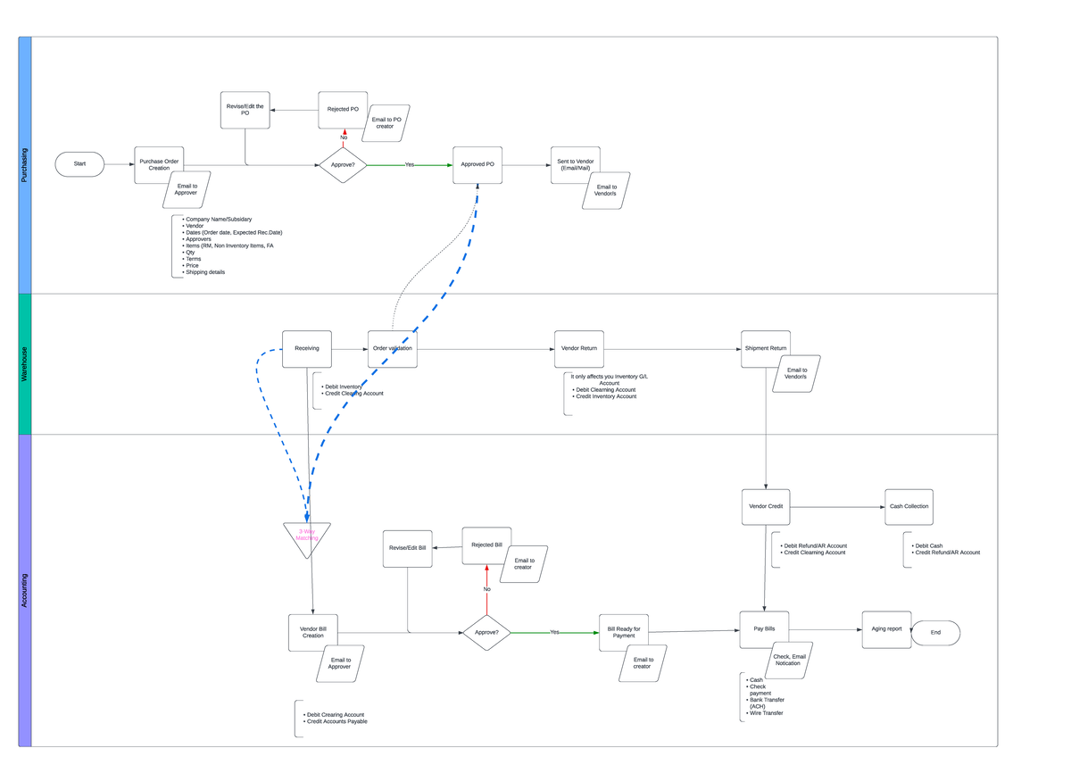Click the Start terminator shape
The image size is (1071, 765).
[x=79, y=164]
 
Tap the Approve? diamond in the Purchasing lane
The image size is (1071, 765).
[x=343, y=165]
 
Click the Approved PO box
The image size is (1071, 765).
[x=477, y=164]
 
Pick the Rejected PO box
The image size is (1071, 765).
[x=343, y=109]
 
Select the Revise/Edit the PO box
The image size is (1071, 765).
[x=245, y=109]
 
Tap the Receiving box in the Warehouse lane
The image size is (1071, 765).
[x=307, y=348]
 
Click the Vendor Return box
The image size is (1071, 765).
[x=578, y=348]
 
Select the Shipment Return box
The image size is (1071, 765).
[x=766, y=348]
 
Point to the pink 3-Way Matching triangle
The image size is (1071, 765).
[x=307, y=536]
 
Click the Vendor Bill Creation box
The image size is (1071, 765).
[x=313, y=631]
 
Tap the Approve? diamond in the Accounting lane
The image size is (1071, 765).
[x=486, y=632]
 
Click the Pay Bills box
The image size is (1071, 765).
[x=764, y=629]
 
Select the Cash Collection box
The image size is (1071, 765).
[x=909, y=506]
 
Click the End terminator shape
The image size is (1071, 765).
[x=935, y=633]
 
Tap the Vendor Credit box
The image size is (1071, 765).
[x=766, y=506]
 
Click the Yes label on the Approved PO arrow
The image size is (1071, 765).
[x=410, y=165]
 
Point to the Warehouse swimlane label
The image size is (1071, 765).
[x=25, y=364]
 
